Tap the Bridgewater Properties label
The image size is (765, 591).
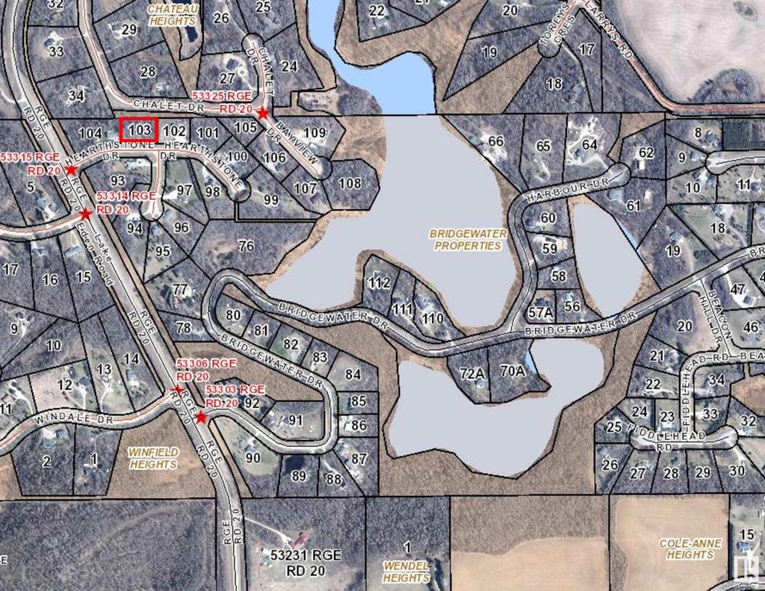coord(468,239)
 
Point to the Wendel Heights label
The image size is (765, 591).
coord(407,572)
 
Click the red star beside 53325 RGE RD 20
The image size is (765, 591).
coord(262,114)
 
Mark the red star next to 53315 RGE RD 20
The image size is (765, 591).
coord(71,170)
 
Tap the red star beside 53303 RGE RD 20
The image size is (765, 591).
coord(200,418)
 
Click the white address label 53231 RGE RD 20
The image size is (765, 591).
coord(301,562)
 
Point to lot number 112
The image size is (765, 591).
coord(380,282)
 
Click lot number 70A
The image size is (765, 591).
coord(513,370)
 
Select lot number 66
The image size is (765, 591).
coord(495,141)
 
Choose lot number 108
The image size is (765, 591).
coord(350,183)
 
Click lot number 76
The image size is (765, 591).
coord(246,246)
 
